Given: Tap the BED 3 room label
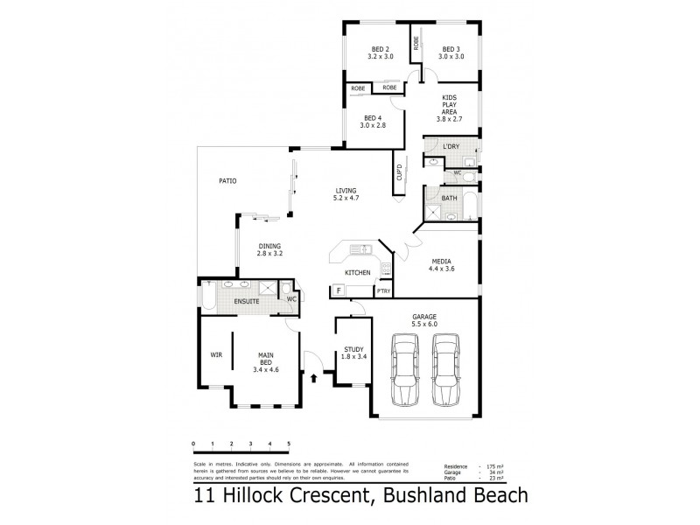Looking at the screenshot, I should coord(451,49).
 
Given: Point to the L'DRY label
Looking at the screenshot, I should coord(451,145).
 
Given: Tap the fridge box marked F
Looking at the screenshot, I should coord(338,290).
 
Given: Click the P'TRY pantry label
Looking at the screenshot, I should coord(384,290).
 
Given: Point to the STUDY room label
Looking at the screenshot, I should coord(354,349).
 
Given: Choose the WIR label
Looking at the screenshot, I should coord(215,354).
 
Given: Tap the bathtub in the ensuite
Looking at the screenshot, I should coord(208,297).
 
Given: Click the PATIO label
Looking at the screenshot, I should coord(227,181).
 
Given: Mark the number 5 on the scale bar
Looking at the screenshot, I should coord(289,444).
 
